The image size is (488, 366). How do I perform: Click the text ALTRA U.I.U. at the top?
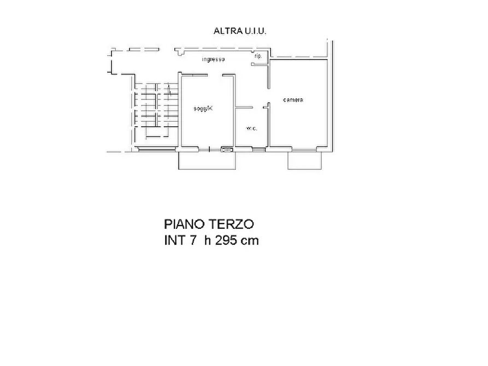[240, 31]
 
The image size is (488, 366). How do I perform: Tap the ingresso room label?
[214, 59]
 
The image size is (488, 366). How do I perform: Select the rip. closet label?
[258, 56]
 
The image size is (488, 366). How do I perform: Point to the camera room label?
[293, 100]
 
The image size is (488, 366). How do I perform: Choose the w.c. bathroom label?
[251, 128]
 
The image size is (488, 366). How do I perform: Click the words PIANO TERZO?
[209, 225]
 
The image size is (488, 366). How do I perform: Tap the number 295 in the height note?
[227, 240]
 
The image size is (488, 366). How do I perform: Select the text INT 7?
[180, 240]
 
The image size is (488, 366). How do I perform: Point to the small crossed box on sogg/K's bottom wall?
[226, 149]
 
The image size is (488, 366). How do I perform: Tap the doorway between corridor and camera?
[268, 96]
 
